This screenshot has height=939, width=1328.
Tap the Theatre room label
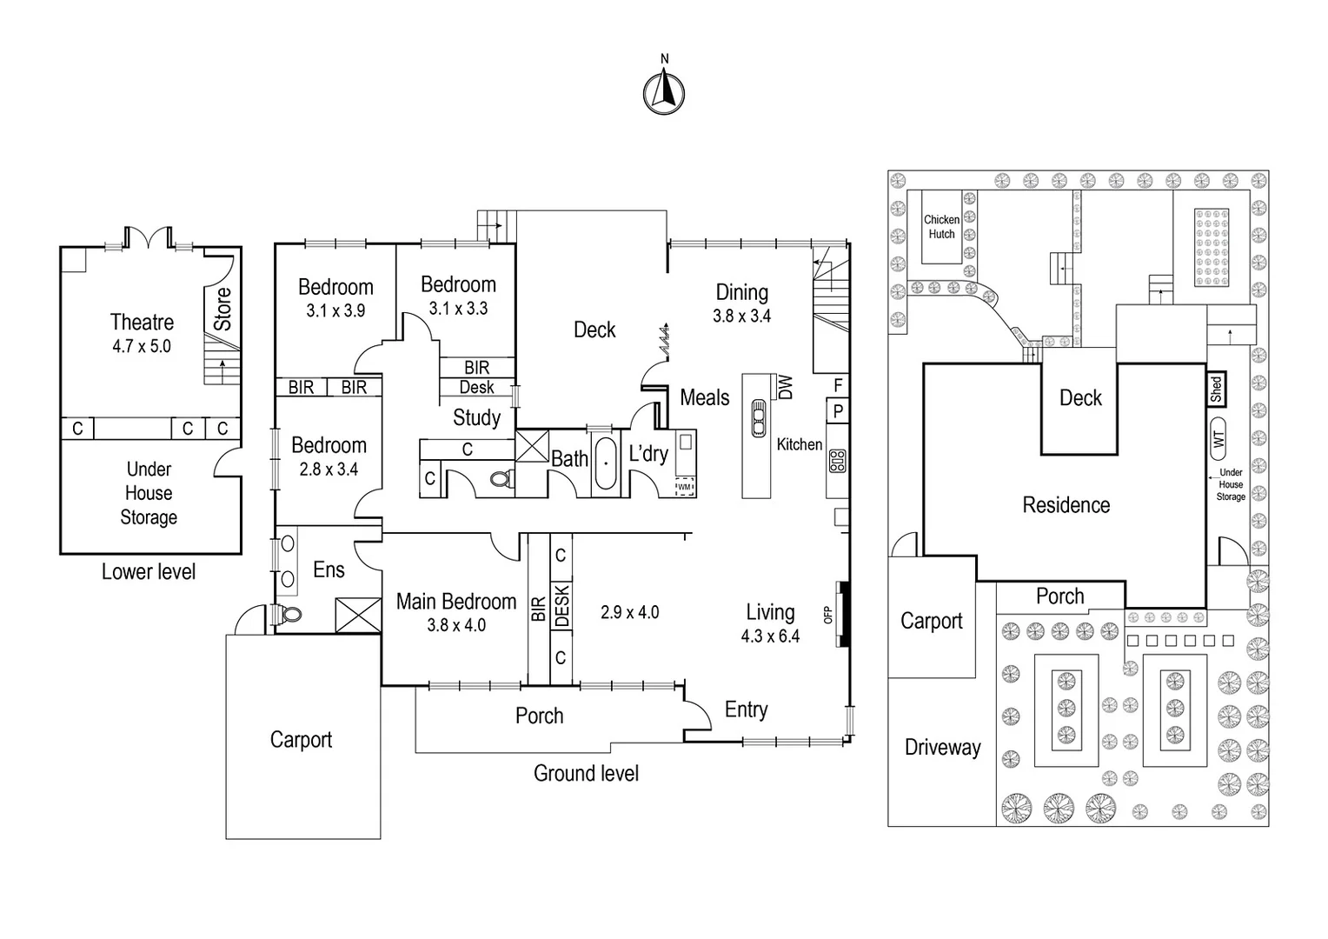(x=142, y=323)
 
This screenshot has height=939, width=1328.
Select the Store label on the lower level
(x=223, y=309)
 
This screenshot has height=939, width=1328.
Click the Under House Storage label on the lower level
(x=149, y=493)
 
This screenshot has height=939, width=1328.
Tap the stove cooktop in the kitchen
(x=838, y=460)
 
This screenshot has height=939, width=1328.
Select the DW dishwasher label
(x=786, y=387)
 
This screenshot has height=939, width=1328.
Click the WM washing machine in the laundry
(x=685, y=487)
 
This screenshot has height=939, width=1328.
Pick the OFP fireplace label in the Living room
(x=828, y=615)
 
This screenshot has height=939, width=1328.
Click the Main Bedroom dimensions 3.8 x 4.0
(x=456, y=625)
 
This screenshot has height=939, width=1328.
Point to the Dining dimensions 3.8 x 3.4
(x=741, y=316)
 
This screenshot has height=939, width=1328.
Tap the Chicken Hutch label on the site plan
(x=941, y=227)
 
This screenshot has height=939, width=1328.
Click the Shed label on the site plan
(x=1216, y=389)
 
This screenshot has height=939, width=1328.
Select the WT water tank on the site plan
(x=1218, y=439)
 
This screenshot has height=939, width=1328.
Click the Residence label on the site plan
(x=1066, y=505)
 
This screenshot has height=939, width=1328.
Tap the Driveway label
(x=942, y=747)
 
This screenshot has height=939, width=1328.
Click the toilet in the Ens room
(x=291, y=614)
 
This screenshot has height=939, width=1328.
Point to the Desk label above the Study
(x=476, y=388)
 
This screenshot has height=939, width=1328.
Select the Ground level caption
(x=586, y=773)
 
